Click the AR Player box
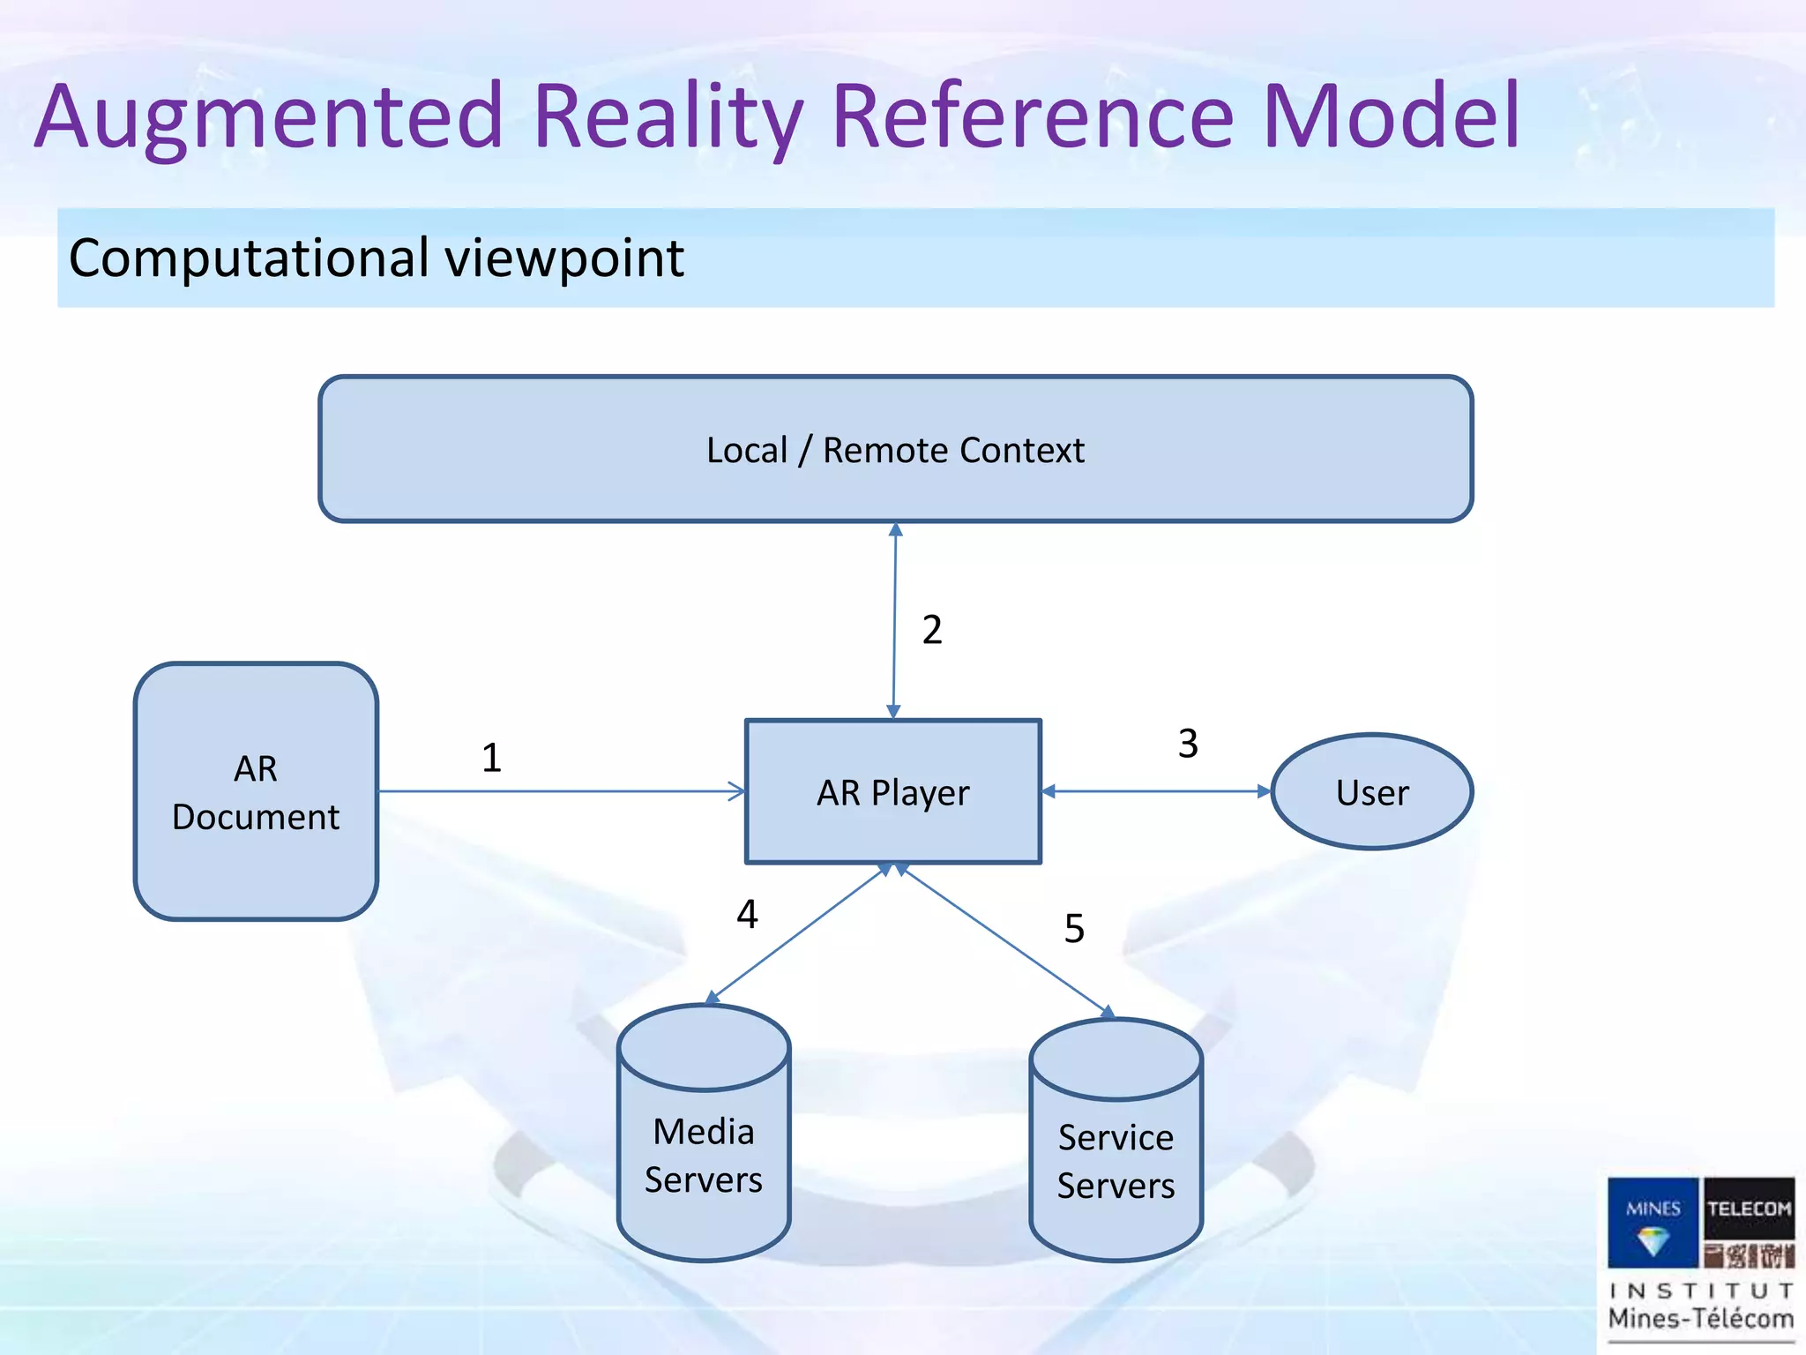click(x=892, y=791)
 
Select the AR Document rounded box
click(x=256, y=791)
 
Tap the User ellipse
click(x=1371, y=791)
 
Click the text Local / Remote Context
click(x=895, y=450)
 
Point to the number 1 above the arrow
click(x=491, y=758)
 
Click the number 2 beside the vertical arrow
click(x=932, y=630)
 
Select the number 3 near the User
click(x=1188, y=744)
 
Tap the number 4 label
click(x=747, y=914)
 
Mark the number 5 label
click(x=1074, y=928)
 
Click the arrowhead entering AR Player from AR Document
click(x=737, y=791)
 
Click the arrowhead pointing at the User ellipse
click(x=1264, y=791)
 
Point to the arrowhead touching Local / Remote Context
click(x=896, y=529)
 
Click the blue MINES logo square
click(x=1653, y=1222)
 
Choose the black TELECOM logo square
click(x=1749, y=1208)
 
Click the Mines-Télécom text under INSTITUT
click(x=1700, y=1319)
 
